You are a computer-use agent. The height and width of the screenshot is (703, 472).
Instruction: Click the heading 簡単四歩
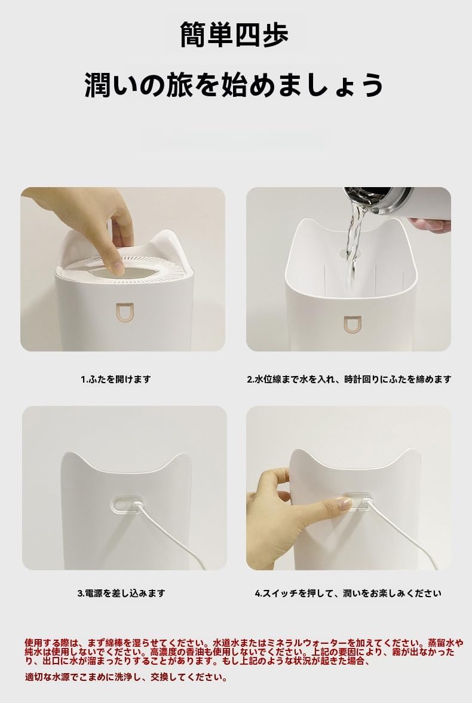(x=234, y=35)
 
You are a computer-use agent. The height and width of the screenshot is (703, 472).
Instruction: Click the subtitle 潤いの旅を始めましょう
(x=234, y=85)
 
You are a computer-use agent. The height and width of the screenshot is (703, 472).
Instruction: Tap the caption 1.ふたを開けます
(x=116, y=379)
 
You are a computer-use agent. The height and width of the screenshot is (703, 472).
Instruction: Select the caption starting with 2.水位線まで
(x=349, y=379)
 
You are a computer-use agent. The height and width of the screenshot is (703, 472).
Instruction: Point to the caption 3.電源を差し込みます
(x=121, y=593)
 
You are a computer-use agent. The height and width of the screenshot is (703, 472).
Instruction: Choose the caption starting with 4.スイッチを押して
(x=348, y=593)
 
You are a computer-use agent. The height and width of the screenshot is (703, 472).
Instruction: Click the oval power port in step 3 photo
(x=125, y=505)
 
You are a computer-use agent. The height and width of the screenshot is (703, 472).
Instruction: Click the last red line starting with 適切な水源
(x=126, y=677)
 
